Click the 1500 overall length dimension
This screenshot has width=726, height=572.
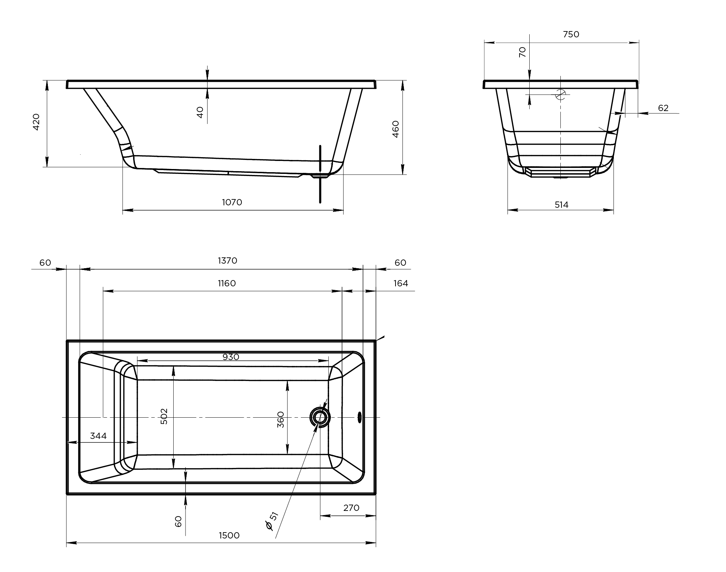229,536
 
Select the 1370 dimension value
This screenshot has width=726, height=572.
227,261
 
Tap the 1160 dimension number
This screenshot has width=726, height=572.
227,283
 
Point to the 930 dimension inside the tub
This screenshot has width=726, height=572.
231,357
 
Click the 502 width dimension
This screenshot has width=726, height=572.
164,416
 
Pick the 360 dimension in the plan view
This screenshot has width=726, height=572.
281,419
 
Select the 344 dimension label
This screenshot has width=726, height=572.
98,436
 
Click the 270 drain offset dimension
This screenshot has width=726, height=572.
351,508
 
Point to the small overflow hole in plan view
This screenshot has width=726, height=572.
359,417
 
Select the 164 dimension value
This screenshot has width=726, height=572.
401,283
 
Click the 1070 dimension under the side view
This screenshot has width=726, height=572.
232,202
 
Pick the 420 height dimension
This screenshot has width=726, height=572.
36,122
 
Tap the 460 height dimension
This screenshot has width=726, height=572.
395,129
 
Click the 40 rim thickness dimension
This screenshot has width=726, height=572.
200,112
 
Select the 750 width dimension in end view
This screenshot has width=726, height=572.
571,34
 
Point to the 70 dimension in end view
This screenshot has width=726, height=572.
522,52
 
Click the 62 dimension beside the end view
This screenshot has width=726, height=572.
663,108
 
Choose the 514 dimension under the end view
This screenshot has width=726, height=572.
561,205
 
